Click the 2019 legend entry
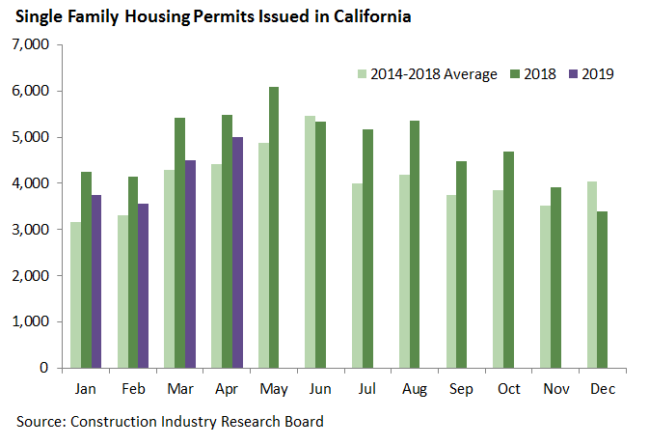pyautogui.click(x=598, y=73)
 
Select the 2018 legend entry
pyautogui.click(x=540, y=73)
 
